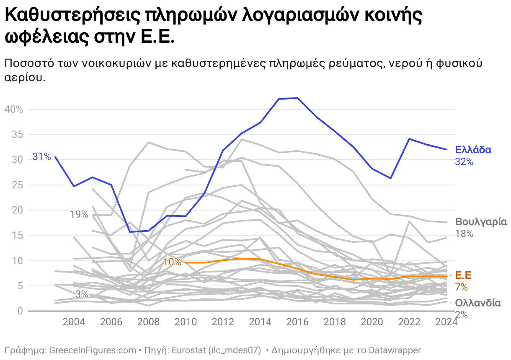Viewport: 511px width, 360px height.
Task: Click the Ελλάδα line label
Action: click(x=473, y=150)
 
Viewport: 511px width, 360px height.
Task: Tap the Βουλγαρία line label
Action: click(x=481, y=222)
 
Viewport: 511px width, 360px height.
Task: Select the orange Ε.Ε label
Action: click(x=463, y=275)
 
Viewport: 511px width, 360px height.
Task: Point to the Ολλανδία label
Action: click(x=478, y=303)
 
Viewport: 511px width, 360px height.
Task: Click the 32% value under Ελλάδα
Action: click(x=464, y=162)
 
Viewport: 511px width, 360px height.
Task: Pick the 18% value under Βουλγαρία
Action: click(x=464, y=234)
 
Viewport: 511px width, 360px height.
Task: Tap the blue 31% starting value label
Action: click(x=41, y=157)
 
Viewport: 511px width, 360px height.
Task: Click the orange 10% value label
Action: click(x=172, y=262)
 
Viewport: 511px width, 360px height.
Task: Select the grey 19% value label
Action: click(x=79, y=215)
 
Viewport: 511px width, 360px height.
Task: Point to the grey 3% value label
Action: click(x=82, y=294)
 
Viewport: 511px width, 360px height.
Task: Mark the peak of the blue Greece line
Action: click(x=297, y=98)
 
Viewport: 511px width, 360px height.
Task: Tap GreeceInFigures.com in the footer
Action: click(x=93, y=350)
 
